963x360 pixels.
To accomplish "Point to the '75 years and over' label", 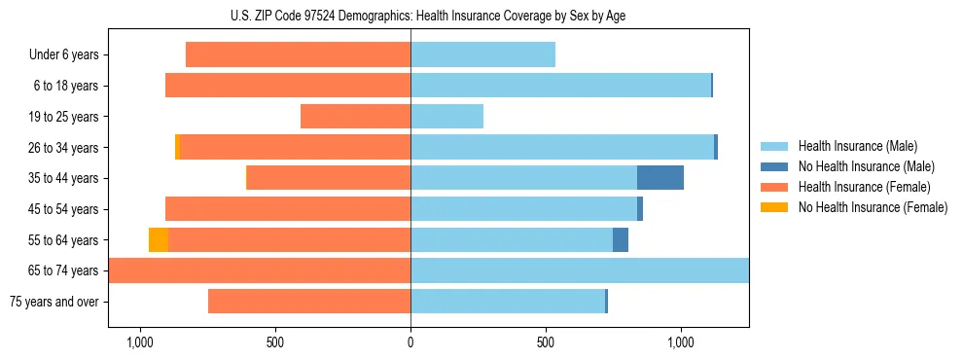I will tap(54, 302).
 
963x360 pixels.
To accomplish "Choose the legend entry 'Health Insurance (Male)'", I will tap(857, 146).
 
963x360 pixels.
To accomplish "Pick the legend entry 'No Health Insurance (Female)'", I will tap(873, 207).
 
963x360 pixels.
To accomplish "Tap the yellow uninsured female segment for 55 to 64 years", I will tap(159, 240).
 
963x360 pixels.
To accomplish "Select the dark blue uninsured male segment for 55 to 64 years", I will tap(621, 240).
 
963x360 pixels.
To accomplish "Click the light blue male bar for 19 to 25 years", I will tap(446, 117).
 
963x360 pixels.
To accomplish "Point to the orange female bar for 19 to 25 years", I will tap(355, 117).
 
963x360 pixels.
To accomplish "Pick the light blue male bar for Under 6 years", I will tap(482, 55).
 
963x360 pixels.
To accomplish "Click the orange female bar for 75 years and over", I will tap(309, 302).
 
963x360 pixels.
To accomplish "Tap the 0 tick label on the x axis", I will tap(410, 342).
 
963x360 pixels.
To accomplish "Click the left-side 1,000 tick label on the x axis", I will tap(140, 342).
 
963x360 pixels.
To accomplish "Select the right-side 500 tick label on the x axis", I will tap(546, 342).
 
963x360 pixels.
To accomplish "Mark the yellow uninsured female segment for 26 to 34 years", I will tap(177, 148).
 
